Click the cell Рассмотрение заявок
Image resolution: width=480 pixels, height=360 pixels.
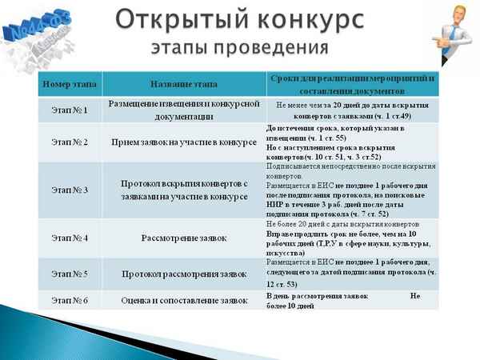[x=183, y=238]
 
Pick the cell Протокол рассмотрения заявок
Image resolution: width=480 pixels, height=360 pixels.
[x=183, y=274]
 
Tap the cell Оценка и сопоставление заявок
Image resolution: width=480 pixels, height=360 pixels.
[x=183, y=301]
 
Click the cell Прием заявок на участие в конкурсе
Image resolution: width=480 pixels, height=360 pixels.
[x=183, y=142]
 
